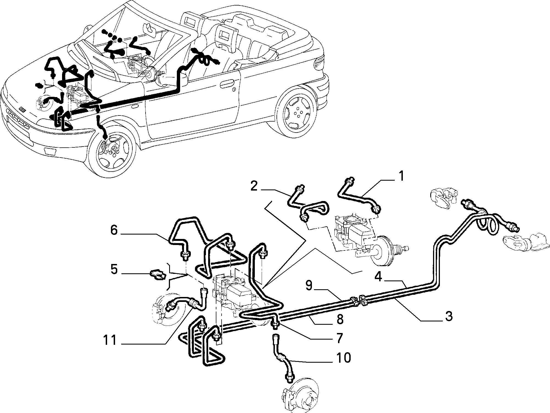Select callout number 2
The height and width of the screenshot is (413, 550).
pos(254,186)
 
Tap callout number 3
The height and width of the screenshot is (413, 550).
pos(448,316)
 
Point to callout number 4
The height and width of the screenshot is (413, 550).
pos(378,276)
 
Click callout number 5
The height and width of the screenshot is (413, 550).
pos(114,269)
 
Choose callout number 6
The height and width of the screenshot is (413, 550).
pos(114,230)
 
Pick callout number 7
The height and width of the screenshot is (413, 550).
pos(339,337)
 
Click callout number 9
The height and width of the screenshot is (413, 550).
pos(309,285)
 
